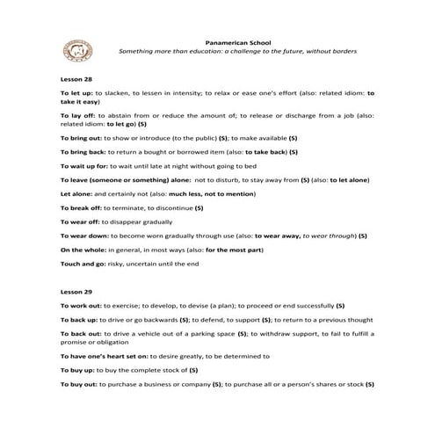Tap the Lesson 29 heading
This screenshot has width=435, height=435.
tap(74, 290)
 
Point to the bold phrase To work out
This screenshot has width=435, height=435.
tap(79, 304)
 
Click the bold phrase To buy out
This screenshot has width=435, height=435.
tap(77, 384)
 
